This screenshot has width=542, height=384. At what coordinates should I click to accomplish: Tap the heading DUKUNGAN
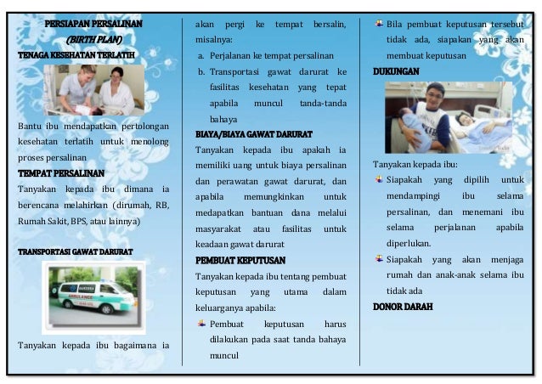click(396, 72)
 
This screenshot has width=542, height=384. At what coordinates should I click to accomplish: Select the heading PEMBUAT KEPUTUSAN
click(240, 260)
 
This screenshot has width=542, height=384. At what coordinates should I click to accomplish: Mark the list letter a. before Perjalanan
click(200, 55)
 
